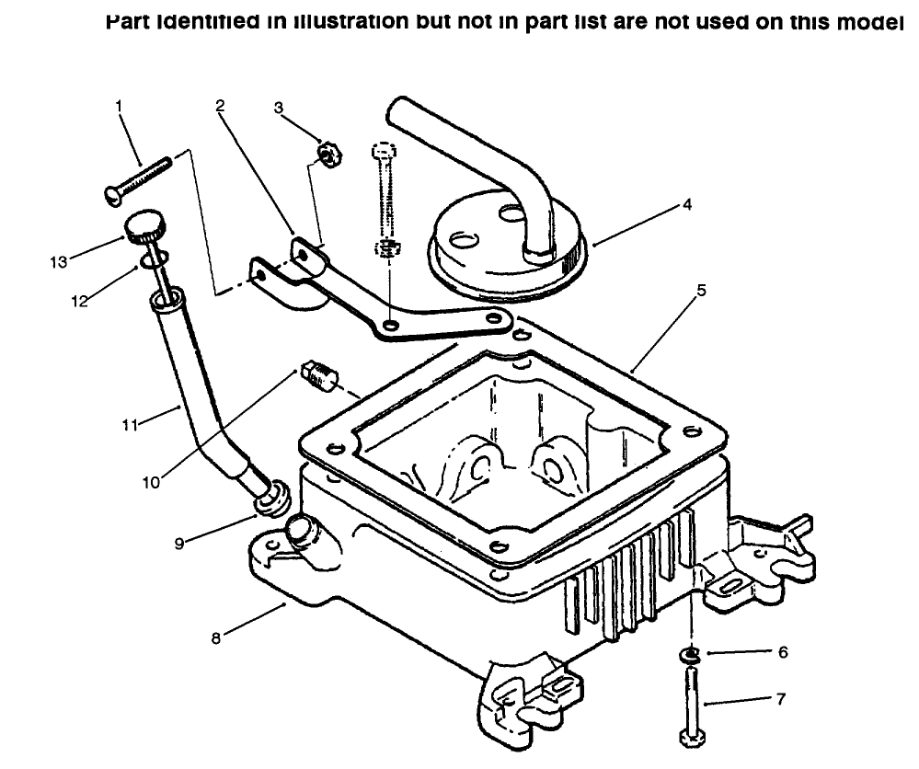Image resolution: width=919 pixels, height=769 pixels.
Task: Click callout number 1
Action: (x=119, y=106)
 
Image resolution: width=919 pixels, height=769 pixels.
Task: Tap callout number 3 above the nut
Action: (x=279, y=108)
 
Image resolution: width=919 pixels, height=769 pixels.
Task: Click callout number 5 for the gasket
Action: (x=701, y=290)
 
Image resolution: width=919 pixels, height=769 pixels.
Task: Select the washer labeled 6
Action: (x=689, y=655)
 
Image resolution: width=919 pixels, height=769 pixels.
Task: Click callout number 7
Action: (x=781, y=699)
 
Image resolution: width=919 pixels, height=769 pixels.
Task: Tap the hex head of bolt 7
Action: (x=690, y=738)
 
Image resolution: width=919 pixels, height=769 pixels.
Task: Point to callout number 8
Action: (x=216, y=637)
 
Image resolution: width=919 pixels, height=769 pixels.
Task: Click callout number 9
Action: (x=181, y=544)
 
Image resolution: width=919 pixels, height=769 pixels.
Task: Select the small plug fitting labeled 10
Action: (x=318, y=375)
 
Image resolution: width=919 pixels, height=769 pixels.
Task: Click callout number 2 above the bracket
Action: (x=221, y=106)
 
